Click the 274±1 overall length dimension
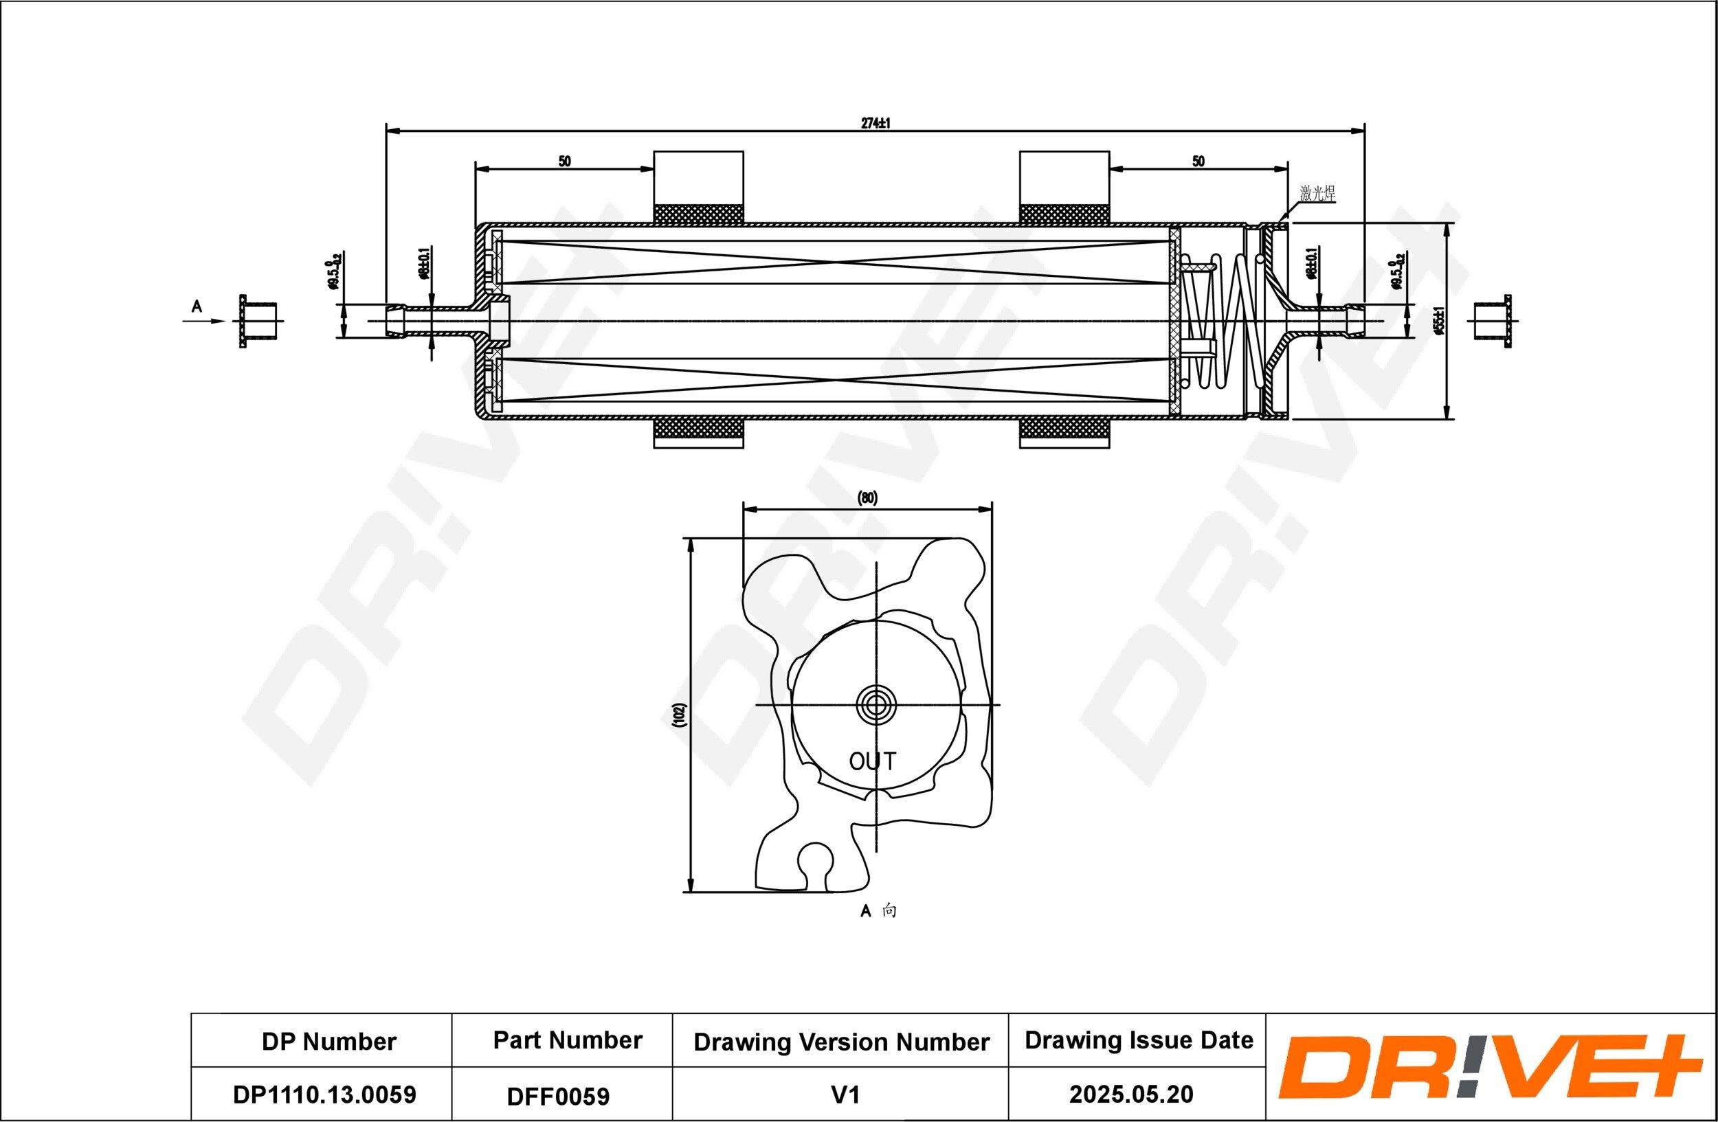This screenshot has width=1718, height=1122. (875, 124)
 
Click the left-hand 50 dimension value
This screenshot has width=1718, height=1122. (564, 161)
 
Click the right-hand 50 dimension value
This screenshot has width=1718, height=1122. (1198, 161)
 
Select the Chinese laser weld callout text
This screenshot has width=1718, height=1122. (1317, 193)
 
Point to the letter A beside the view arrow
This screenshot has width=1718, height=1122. (197, 307)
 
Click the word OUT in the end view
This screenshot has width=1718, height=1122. (872, 761)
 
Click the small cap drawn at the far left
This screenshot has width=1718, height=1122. (258, 321)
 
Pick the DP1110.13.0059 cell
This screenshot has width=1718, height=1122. (324, 1095)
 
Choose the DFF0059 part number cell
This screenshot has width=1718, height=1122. (558, 1096)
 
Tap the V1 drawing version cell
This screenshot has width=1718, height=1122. (845, 1095)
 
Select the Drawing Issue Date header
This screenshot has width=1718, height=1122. (1139, 1040)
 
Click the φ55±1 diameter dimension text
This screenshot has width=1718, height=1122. (1438, 321)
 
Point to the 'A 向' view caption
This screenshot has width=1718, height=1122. (878, 911)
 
